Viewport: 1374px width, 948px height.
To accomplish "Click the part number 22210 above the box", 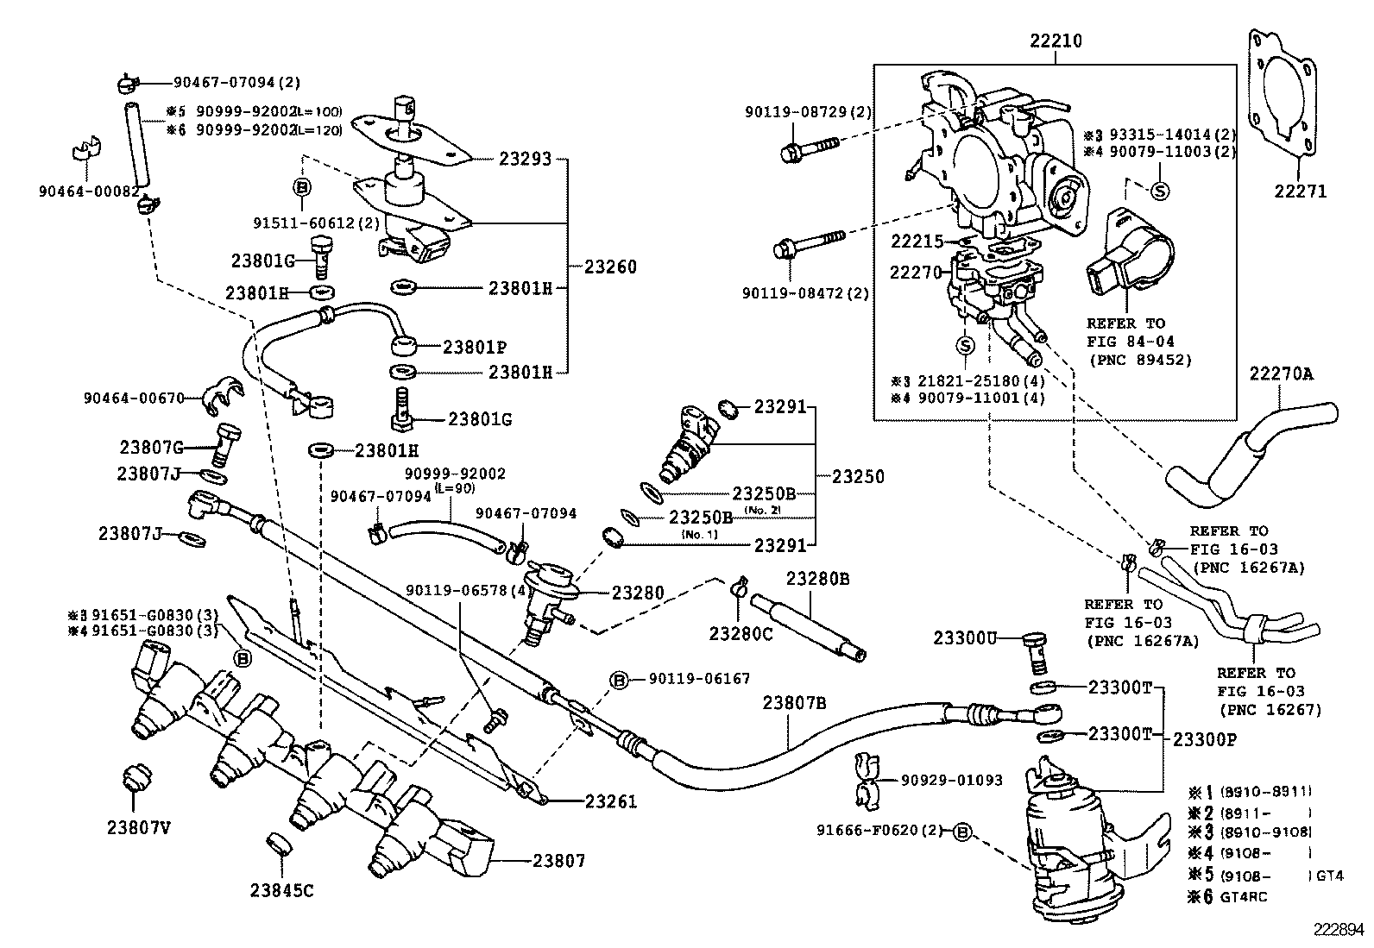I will (x=1056, y=41).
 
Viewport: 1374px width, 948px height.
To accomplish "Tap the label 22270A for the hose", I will (x=1281, y=374).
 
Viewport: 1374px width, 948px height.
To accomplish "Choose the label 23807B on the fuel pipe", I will (x=794, y=703).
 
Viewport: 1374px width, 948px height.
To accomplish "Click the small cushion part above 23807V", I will (x=136, y=779).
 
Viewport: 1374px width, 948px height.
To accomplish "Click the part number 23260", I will (x=610, y=267).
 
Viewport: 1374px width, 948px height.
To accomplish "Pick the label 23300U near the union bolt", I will (x=965, y=638).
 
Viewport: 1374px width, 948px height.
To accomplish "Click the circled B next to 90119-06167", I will (x=620, y=680).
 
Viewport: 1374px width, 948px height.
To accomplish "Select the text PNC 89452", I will (x=1139, y=360).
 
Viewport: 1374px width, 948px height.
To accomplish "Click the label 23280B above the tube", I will (x=816, y=579).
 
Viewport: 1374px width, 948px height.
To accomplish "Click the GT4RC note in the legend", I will (x=1243, y=896).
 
